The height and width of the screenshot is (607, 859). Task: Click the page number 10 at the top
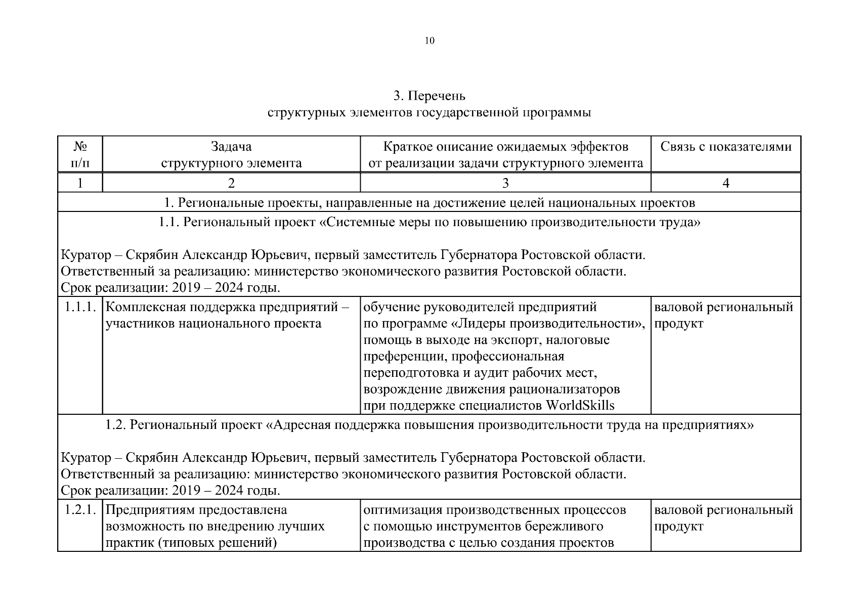point(429,41)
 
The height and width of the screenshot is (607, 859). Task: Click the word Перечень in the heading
point(437,96)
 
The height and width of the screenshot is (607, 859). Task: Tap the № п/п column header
point(80,154)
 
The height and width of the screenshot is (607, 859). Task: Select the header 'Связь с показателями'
point(725,147)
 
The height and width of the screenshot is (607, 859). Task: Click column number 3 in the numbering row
point(505,183)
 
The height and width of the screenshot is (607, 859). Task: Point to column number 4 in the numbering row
point(725,183)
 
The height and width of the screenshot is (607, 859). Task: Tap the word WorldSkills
point(580,405)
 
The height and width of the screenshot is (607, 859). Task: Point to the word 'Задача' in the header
point(231,147)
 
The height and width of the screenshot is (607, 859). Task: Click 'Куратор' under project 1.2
point(84,458)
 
